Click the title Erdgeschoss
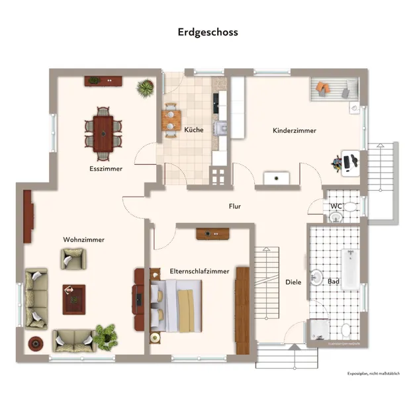[207, 32]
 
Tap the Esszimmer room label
[106, 169]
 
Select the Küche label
[193, 130]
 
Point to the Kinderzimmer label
[294, 130]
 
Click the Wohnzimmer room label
[83, 239]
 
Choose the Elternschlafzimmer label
[199, 271]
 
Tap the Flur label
[234, 206]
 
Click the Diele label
[293, 282]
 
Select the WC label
[336, 206]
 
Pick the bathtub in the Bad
[349, 269]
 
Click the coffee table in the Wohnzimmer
[73, 299]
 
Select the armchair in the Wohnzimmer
[73, 258]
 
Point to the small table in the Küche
[171, 120]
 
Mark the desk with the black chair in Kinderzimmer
[347, 161]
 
